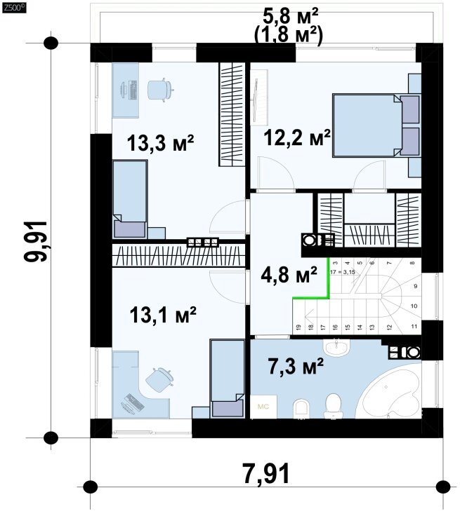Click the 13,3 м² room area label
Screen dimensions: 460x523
(160, 143)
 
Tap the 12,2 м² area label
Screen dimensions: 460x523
(297, 137)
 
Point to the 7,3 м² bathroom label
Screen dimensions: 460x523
(296, 365)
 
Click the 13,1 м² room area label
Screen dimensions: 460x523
(163, 315)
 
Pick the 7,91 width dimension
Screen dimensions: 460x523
(266, 473)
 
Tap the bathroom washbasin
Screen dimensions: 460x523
(336, 347)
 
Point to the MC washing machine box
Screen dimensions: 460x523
(263, 407)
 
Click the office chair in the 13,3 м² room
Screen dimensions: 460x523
(160, 90)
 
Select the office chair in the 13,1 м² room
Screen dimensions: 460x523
(159, 379)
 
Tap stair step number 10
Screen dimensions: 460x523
(414, 306)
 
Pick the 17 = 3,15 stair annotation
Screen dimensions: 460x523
(342, 272)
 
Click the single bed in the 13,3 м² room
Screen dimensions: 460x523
(130, 199)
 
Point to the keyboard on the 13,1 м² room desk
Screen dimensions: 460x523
(134, 401)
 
